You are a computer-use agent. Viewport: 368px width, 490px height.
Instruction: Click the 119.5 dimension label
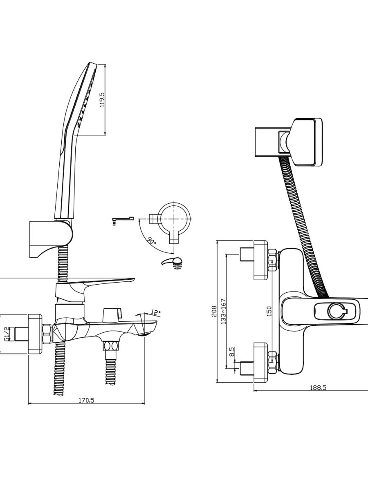[x=102, y=100]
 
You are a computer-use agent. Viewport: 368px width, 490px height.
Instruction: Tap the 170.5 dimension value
[x=86, y=400]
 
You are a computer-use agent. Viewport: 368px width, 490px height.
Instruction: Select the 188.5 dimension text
[x=318, y=388]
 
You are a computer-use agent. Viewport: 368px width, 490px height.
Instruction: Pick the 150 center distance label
[x=269, y=311]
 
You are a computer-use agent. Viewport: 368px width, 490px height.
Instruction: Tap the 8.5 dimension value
[x=232, y=352]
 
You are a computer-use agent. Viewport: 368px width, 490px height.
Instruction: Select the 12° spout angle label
[x=156, y=312]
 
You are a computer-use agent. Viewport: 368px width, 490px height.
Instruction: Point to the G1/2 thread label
[x=7, y=333]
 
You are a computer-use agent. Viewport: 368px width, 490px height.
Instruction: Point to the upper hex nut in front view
[x=272, y=261]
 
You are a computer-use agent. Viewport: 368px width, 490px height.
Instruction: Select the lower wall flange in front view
[x=260, y=362]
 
